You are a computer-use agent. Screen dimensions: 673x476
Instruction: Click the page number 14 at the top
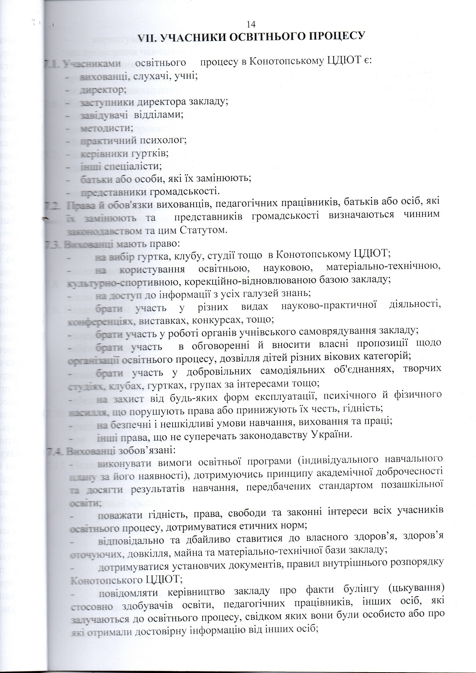[249, 23]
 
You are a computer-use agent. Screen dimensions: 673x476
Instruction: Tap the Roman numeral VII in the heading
[149, 37]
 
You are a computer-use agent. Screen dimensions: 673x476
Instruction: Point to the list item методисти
[100, 127]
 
